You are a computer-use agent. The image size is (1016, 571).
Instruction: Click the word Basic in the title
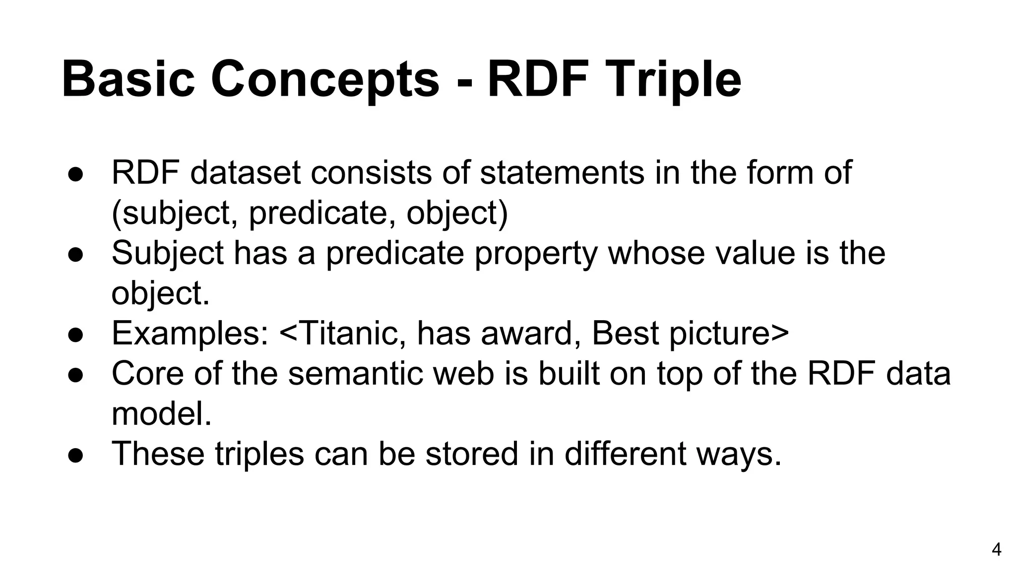[x=128, y=79]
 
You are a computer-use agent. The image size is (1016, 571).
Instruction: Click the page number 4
[x=996, y=550]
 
